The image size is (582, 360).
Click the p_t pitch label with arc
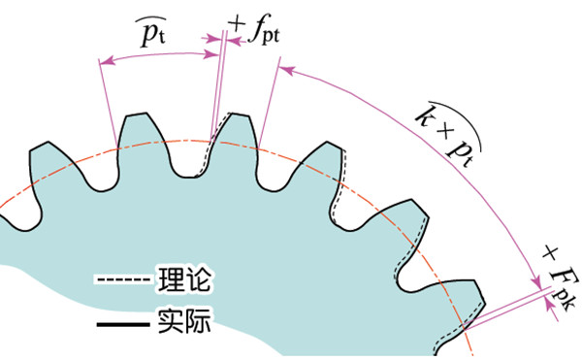[x=152, y=32]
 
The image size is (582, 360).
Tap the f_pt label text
[x=264, y=30]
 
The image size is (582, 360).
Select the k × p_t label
[x=448, y=134]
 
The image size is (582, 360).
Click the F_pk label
[x=564, y=288]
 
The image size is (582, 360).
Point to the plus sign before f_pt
[x=237, y=24]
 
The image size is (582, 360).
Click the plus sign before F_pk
[x=550, y=253]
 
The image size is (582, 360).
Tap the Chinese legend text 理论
[x=184, y=278]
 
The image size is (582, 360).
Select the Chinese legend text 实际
[x=184, y=320]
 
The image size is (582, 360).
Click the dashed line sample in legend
[x=123, y=279]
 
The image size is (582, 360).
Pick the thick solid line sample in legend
[x=123, y=324]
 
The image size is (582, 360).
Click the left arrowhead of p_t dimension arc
[x=107, y=61]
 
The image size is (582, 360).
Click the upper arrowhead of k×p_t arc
[x=286, y=70]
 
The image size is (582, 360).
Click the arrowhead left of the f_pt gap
[x=212, y=38]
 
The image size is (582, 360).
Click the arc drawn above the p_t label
[x=150, y=17]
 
